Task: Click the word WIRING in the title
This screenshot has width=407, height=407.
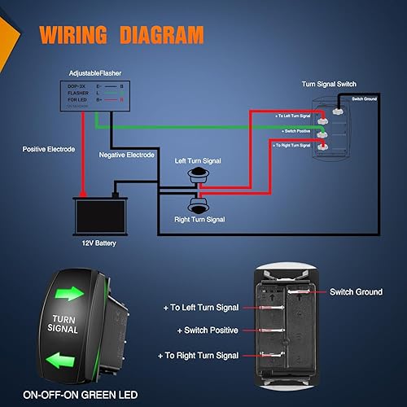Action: (75, 35)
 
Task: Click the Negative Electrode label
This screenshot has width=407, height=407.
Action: (126, 155)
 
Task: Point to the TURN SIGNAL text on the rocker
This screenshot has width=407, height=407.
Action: (63, 325)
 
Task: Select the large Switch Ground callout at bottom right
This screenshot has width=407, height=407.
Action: (354, 291)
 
